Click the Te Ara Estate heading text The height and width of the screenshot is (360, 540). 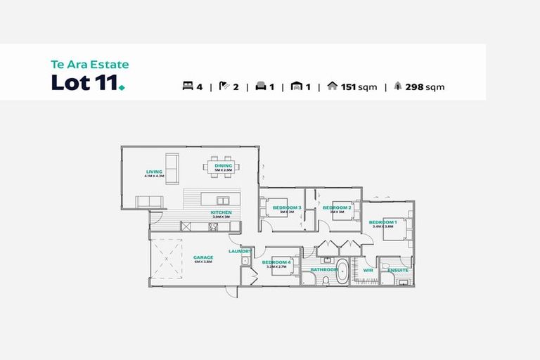[x=89, y=65]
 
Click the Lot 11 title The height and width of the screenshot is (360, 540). [x=87, y=83]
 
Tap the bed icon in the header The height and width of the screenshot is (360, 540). [x=188, y=87]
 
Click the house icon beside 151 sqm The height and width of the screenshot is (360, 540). [x=333, y=87]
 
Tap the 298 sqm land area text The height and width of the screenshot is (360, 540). [x=425, y=87]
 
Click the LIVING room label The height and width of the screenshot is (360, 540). [x=154, y=172]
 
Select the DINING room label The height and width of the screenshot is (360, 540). [x=223, y=166]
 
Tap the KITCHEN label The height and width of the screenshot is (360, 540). [x=221, y=212]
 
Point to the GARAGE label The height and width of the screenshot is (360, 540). [x=202, y=257]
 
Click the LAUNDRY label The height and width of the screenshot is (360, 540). [x=240, y=251]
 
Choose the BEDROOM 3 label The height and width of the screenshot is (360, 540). [x=287, y=207]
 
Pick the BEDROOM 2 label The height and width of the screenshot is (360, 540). [x=336, y=207]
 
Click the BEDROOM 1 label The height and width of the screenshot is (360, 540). [x=382, y=222]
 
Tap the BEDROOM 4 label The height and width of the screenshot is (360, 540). [x=276, y=262]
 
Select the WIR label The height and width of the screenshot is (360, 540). [x=368, y=269]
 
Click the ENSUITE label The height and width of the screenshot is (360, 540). [x=398, y=269]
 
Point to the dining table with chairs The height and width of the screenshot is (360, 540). [x=223, y=167]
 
